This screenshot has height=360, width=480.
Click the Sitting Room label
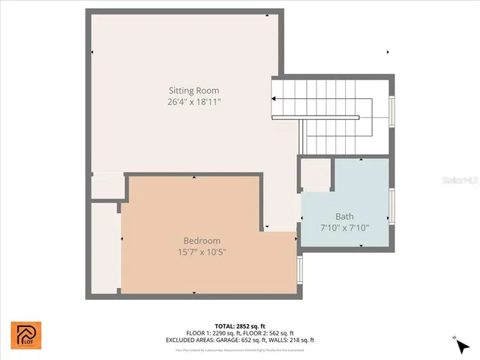[x=194, y=90]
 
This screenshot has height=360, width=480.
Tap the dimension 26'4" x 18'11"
[x=194, y=101]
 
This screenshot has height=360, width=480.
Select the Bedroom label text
[x=202, y=241]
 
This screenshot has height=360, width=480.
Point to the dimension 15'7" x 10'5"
[x=202, y=252]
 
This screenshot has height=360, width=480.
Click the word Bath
[x=345, y=216]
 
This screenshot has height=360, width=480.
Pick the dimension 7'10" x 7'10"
[x=345, y=227]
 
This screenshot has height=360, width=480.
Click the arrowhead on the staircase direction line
[x=275, y=100]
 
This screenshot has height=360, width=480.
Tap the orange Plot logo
[x=26, y=334]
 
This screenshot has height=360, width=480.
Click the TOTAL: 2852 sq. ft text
[x=239, y=327]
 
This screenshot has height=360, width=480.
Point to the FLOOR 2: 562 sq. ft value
[x=271, y=333]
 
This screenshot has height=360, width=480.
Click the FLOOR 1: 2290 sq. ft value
[x=212, y=333]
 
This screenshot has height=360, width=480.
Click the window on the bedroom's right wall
[x=299, y=268]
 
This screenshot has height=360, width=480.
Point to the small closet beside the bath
[x=315, y=175]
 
